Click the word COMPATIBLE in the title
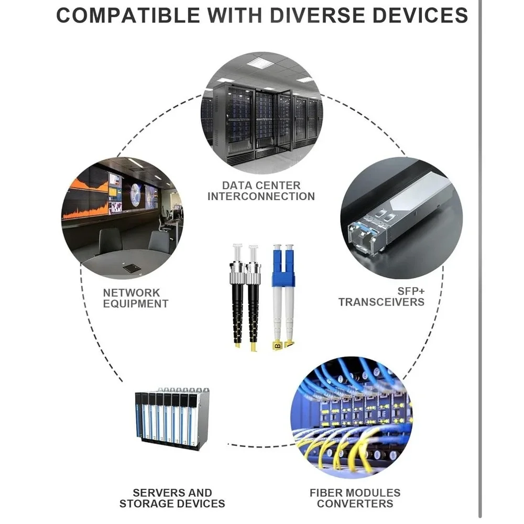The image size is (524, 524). pyautogui.click(x=128, y=15)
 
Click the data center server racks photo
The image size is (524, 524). pyautogui.click(x=261, y=113)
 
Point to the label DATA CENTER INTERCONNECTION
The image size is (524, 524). pyautogui.click(x=261, y=191)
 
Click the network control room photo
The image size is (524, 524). pyautogui.click(x=122, y=218)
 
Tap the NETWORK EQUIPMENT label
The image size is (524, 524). pyautogui.click(x=136, y=298)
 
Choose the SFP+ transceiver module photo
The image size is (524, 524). pyautogui.click(x=401, y=218)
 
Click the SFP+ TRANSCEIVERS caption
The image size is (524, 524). pyautogui.click(x=381, y=297)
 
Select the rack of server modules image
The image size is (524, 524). pyautogui.click(x=172, y=419)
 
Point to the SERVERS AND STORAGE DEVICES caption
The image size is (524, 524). pyautogui.click(x=172, y=498)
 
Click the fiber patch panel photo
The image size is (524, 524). pyautogui.click(x=352, y=418)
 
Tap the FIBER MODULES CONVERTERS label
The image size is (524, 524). pyautogui.click(x=355, y=498)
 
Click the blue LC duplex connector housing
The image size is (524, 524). pyautogui.click(x=283, y=267)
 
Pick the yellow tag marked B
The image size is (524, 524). pyautogui.click(x=277, y=346)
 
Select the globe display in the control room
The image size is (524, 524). pyautogui.click(x=136, y=195)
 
